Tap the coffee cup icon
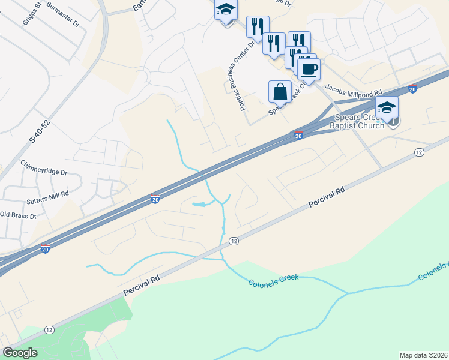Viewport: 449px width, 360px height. pos(309,70)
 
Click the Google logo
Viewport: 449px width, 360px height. pos(20,353)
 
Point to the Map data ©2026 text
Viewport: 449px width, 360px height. pos(423,355)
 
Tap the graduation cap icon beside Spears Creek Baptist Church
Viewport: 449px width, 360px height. pos(387,108)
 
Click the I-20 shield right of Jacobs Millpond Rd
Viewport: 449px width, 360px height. pos(412,88)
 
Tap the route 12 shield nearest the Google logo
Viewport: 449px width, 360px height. pos(49,329)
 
